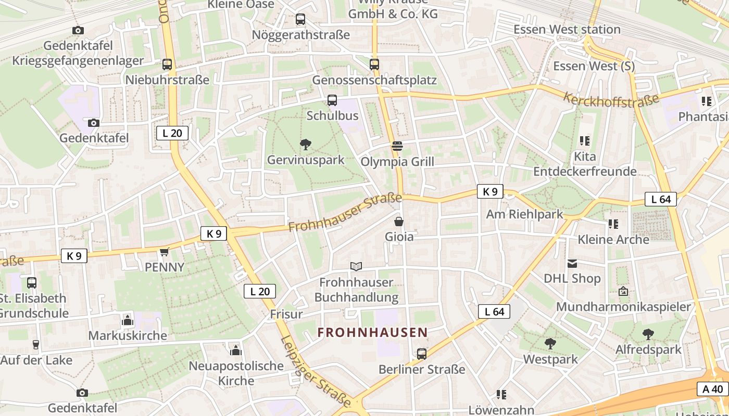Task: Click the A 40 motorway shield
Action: tap(712, 389)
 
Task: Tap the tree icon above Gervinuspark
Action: tap(306, 145)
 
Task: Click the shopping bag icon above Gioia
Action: tap(399, 222)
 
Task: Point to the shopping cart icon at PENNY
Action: tap(165, 252)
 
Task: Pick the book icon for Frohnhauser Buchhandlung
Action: tap(356, 267)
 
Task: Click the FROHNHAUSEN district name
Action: tap(372, 332)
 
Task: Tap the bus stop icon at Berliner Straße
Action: tap(422, 354)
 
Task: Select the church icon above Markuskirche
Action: tap(128, 320)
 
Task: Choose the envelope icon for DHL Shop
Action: tap(572, 264)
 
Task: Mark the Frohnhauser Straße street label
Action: tap(345, 213)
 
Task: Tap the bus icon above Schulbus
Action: tap(332, 100)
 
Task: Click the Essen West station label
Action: tap(567, 30)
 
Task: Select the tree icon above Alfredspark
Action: tap(648, 334)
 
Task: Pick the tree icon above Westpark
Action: tap(550, 344)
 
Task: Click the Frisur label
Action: tap(286, 314)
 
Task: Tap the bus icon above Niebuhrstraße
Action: tap(167, 64)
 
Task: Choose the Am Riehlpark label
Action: tap(524, 214)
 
